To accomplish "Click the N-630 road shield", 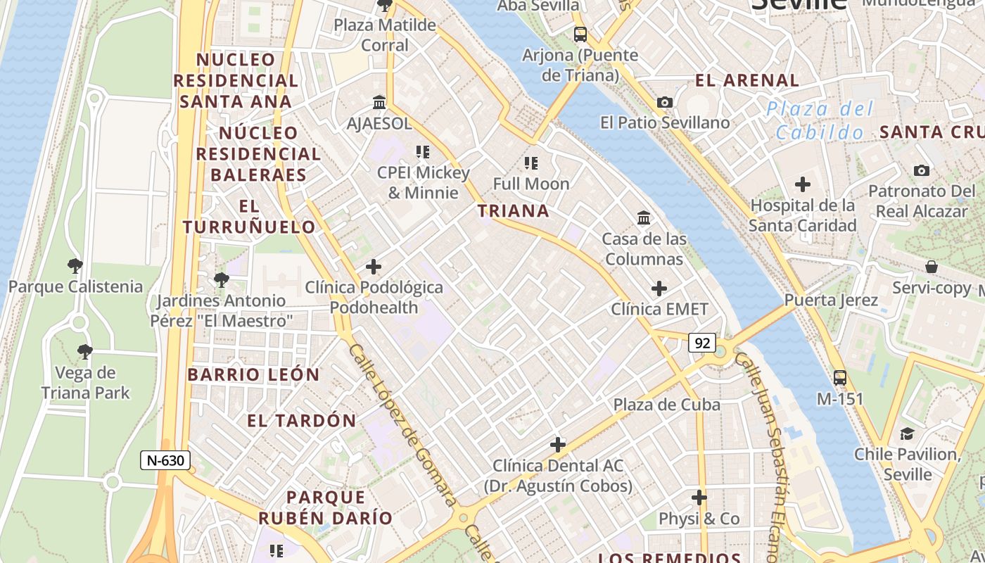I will click(x=165, y=461).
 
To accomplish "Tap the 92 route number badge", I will click(x=701, y=343).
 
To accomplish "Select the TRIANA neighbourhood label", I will click(x=513, y=210).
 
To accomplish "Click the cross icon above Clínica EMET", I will click(x=659, y=289).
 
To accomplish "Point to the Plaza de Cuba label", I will click(x=666, y=405).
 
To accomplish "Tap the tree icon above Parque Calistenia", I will click(x=75, y=266).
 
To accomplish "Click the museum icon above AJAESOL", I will click(x=379, y=103).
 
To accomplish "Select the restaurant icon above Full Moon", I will click(x=531, y=163).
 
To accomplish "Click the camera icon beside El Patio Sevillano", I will click(x=664, y=103).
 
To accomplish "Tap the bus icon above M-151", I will click(x=839, y=377).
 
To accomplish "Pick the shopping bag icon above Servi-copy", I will click(x=931, y=267).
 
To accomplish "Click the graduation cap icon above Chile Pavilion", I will click(x=907, y=434).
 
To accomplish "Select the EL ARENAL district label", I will click(x=747, y=80).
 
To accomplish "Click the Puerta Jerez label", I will click(x=831, y=301).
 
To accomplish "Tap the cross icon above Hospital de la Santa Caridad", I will click(x=802, y=185).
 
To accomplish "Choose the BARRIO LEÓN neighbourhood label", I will click(x=253, y=374).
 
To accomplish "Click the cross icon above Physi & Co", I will click(x=699, y=498).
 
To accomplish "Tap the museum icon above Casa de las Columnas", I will click(x=644, y=218).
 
